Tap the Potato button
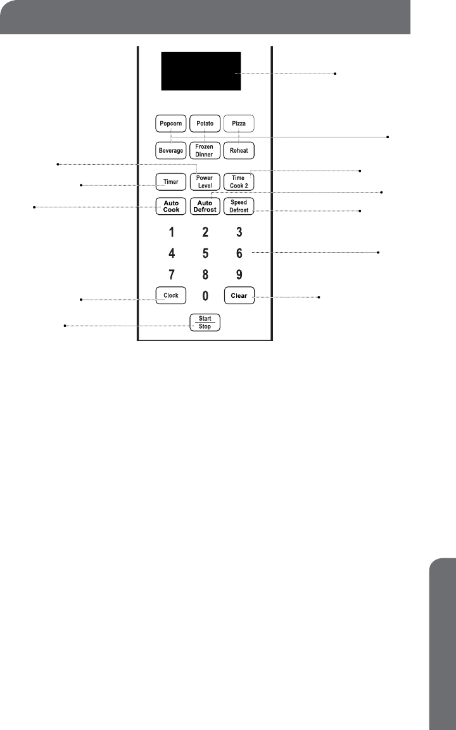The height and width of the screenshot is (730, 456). tap(205, 122)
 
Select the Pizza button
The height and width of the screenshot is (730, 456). tap(239, 122)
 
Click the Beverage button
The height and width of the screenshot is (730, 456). tap(170, 151)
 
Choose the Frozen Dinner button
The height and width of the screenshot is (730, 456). tap(205, 151)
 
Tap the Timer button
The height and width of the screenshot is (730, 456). tap(170, 182)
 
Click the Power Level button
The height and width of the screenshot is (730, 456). tap(205, 182)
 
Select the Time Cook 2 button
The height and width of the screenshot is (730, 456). tap(239, 182)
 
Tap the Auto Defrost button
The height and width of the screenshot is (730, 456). tap(205, 207)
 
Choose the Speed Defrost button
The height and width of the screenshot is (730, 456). tap(239, 207)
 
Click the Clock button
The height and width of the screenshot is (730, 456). tap(170, 295)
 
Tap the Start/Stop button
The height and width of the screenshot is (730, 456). tap(205, 322)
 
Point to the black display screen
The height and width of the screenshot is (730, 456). tap(200, 71)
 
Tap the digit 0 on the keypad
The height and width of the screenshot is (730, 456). tap(205, 296)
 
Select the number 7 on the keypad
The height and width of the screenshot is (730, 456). tap(172, 275)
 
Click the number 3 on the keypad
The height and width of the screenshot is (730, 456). tap(239, 232)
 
